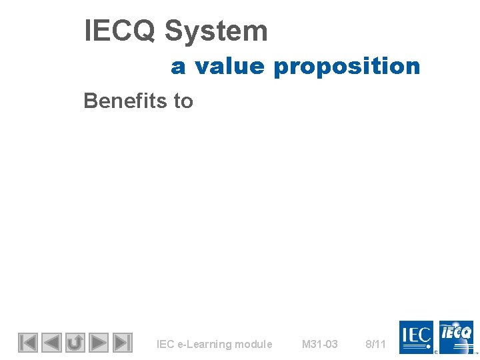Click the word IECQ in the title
[119, 31]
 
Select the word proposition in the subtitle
[347, 67]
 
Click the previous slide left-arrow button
[51, 343]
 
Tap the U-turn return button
[75, 343]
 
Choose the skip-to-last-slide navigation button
[122, 343]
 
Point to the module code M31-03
[320, 345]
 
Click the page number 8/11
[376, 345]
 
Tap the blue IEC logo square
[416, 337]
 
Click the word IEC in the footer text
[165, 345]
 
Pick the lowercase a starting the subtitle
[177, 67]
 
